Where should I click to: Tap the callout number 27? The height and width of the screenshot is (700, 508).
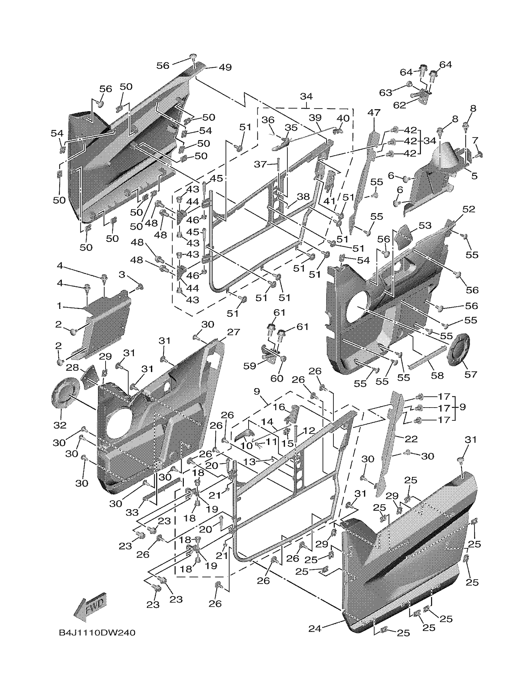tap(233, 332)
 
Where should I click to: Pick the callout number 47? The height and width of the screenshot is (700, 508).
tap(374, 113)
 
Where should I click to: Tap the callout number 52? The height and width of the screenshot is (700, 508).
tap(469, 209)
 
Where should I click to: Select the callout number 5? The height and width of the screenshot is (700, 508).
tap(474, 176)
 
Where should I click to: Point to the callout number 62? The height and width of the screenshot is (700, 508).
tap(399, 105)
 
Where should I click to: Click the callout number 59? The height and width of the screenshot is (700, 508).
tap(250, 366)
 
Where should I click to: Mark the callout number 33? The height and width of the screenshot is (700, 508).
tap(132, 513)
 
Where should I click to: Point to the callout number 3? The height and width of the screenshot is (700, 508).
tap(122, 274)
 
